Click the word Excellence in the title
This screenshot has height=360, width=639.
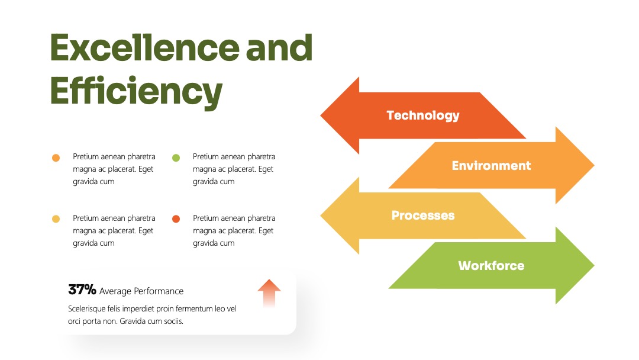point(145,47)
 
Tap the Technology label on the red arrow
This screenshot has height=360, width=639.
point(423,116)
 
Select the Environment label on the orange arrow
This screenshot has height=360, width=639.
point(491,166)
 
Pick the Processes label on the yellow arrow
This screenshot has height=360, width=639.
point(423,216)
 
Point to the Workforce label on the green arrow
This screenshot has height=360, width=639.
point(491,266)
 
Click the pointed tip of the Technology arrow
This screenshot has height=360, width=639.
point(321,115)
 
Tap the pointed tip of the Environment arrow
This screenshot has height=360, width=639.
point(594,165)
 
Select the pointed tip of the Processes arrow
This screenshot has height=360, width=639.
point(321,216)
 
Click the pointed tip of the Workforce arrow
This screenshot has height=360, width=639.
point(594,265)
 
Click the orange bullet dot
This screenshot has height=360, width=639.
point(56,157)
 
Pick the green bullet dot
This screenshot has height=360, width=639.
point(176,157)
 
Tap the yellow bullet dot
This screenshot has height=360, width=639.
point(56,219)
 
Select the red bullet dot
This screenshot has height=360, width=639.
point(176,219)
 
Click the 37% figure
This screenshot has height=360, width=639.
point(82,290)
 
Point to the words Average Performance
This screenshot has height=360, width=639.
point(141,291)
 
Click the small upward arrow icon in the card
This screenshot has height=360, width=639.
point(269,293)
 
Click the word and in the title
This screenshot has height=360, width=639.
point(279,47)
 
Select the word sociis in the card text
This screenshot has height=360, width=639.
point(173,322)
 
